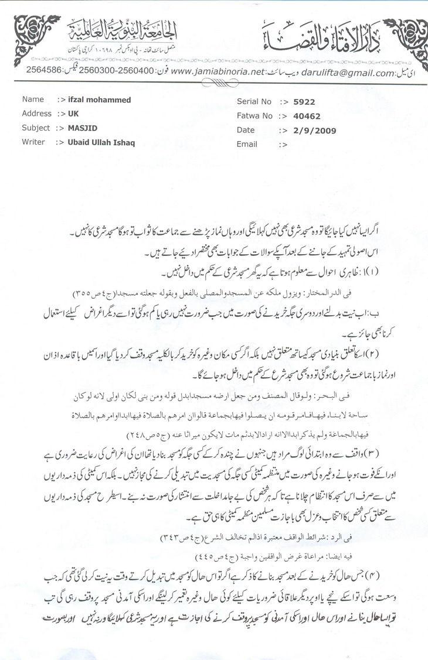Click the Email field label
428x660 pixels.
[247, 144]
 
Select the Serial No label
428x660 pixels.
[252, 101]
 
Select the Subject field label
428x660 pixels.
[36, 128]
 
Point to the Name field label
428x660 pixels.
[33, 100]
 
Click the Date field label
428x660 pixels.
[246, 130]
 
